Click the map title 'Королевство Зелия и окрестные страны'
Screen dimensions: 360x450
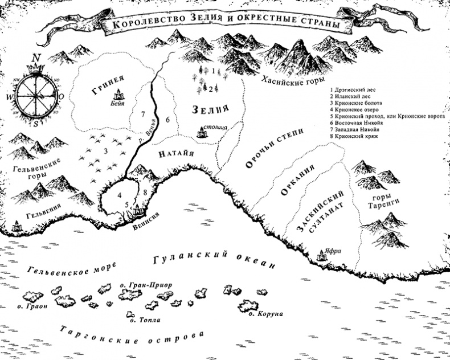pyautogui.click(x=222, y=25)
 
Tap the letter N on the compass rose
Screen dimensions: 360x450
pyautogui.click(x=36, y=58)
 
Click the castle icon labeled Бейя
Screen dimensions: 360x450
pyautogui.click(x=120, y=95)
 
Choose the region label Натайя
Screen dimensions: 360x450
pyautogui.click(x=177, y=153)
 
